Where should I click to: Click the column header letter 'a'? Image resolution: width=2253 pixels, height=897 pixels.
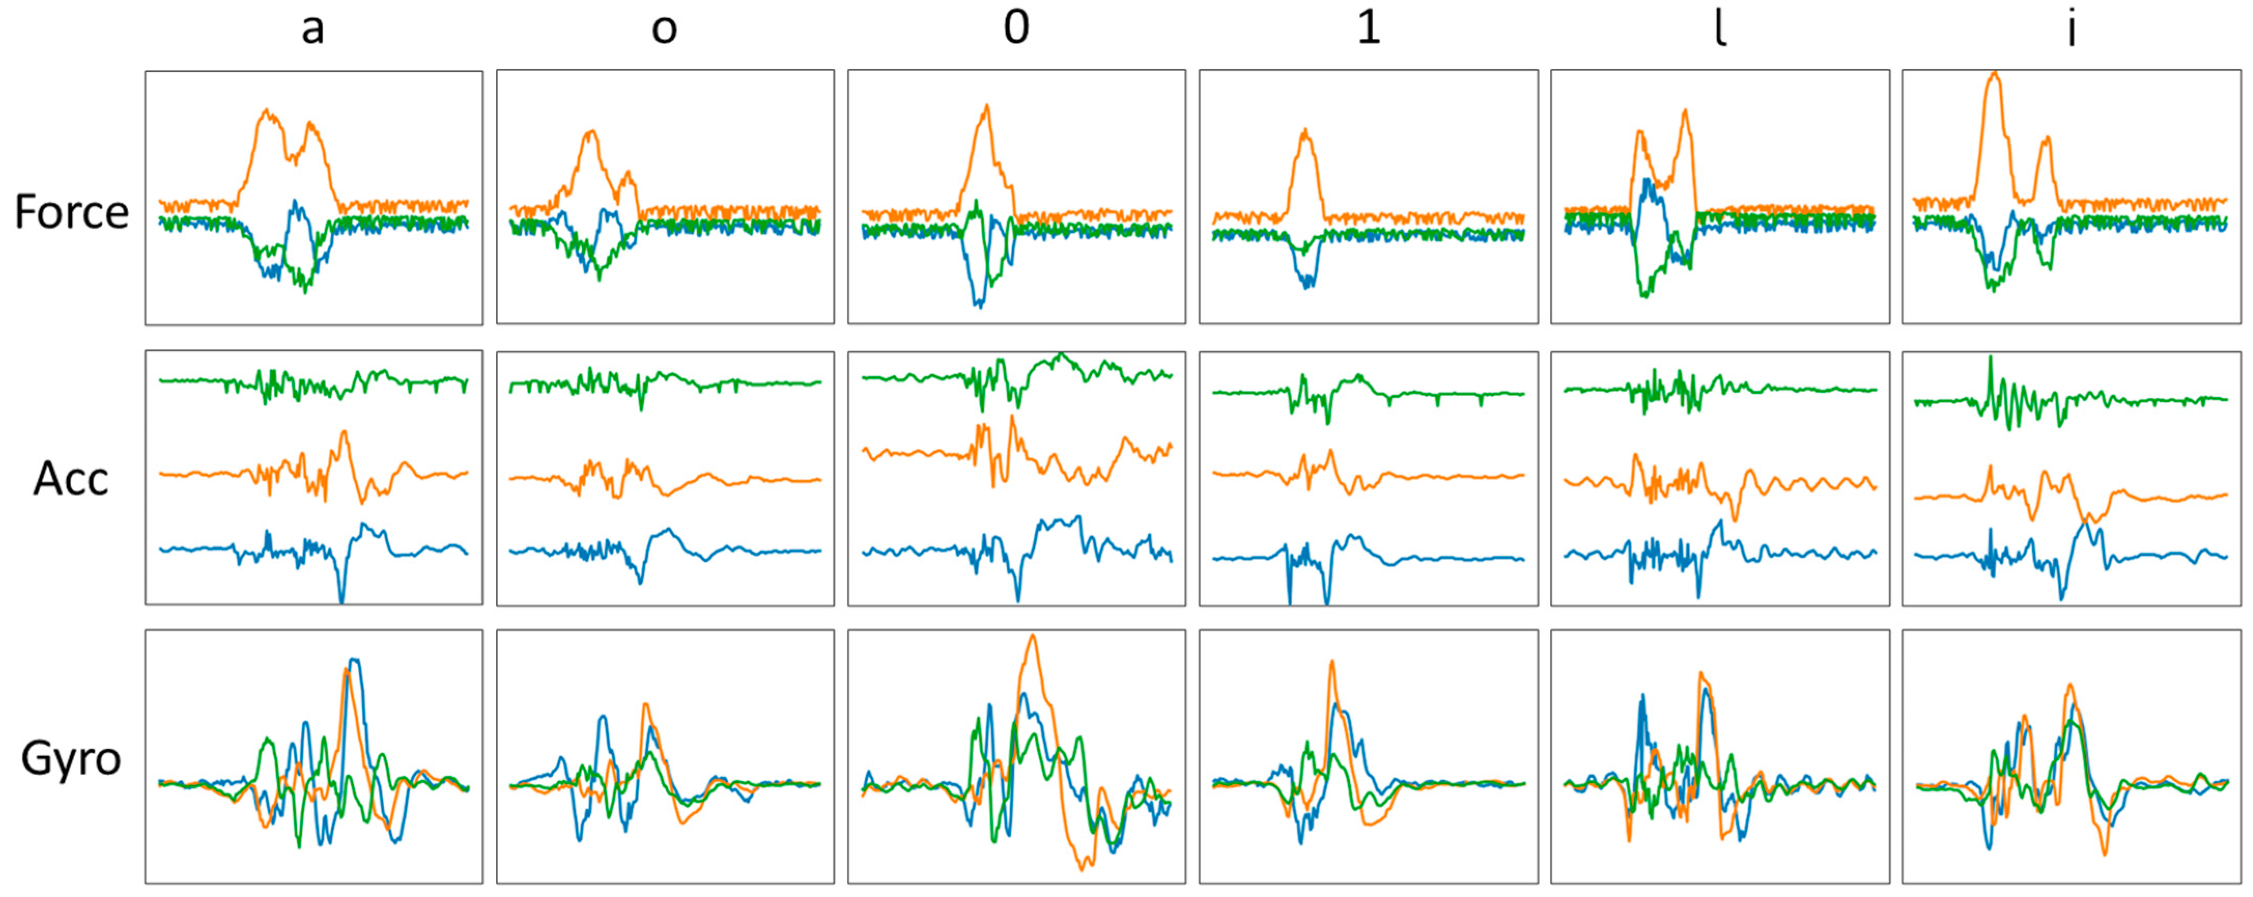pyautogui.click(x=313, y=30)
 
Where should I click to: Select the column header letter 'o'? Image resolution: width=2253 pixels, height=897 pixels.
pyautogui.click(x=665, y=30)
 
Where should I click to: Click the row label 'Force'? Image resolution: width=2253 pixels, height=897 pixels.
pyautogui.click(x=72, y=212)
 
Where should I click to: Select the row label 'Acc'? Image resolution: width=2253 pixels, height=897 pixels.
pyautogui.click(x=71, y=479)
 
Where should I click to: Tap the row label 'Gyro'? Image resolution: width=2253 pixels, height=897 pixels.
pyautogui.click(x=71, y=758)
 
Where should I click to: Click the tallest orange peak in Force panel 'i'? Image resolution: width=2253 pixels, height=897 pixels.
pyautogui.click(x=1994, y=74)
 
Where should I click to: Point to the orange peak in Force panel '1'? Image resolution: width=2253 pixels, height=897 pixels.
pyautogui.click(x=1305, y=131)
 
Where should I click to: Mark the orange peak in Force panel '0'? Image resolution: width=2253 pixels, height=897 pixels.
pyautogui.click(x=987, y=107)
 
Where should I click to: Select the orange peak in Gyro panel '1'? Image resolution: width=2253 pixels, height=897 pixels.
pyautogui.click(x=1332, y=662)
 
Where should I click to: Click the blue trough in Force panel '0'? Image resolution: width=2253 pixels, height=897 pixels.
pyautogui.click(x=979, y=306)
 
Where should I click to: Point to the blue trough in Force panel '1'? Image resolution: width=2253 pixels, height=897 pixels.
pyautogui.click(x=1307, y=286)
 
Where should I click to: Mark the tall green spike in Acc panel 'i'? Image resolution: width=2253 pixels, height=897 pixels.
pyautogui.click(x=1991, y=357)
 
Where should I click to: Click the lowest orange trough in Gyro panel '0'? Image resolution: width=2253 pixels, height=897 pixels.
pyautogui.click(x=1083, y=868)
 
